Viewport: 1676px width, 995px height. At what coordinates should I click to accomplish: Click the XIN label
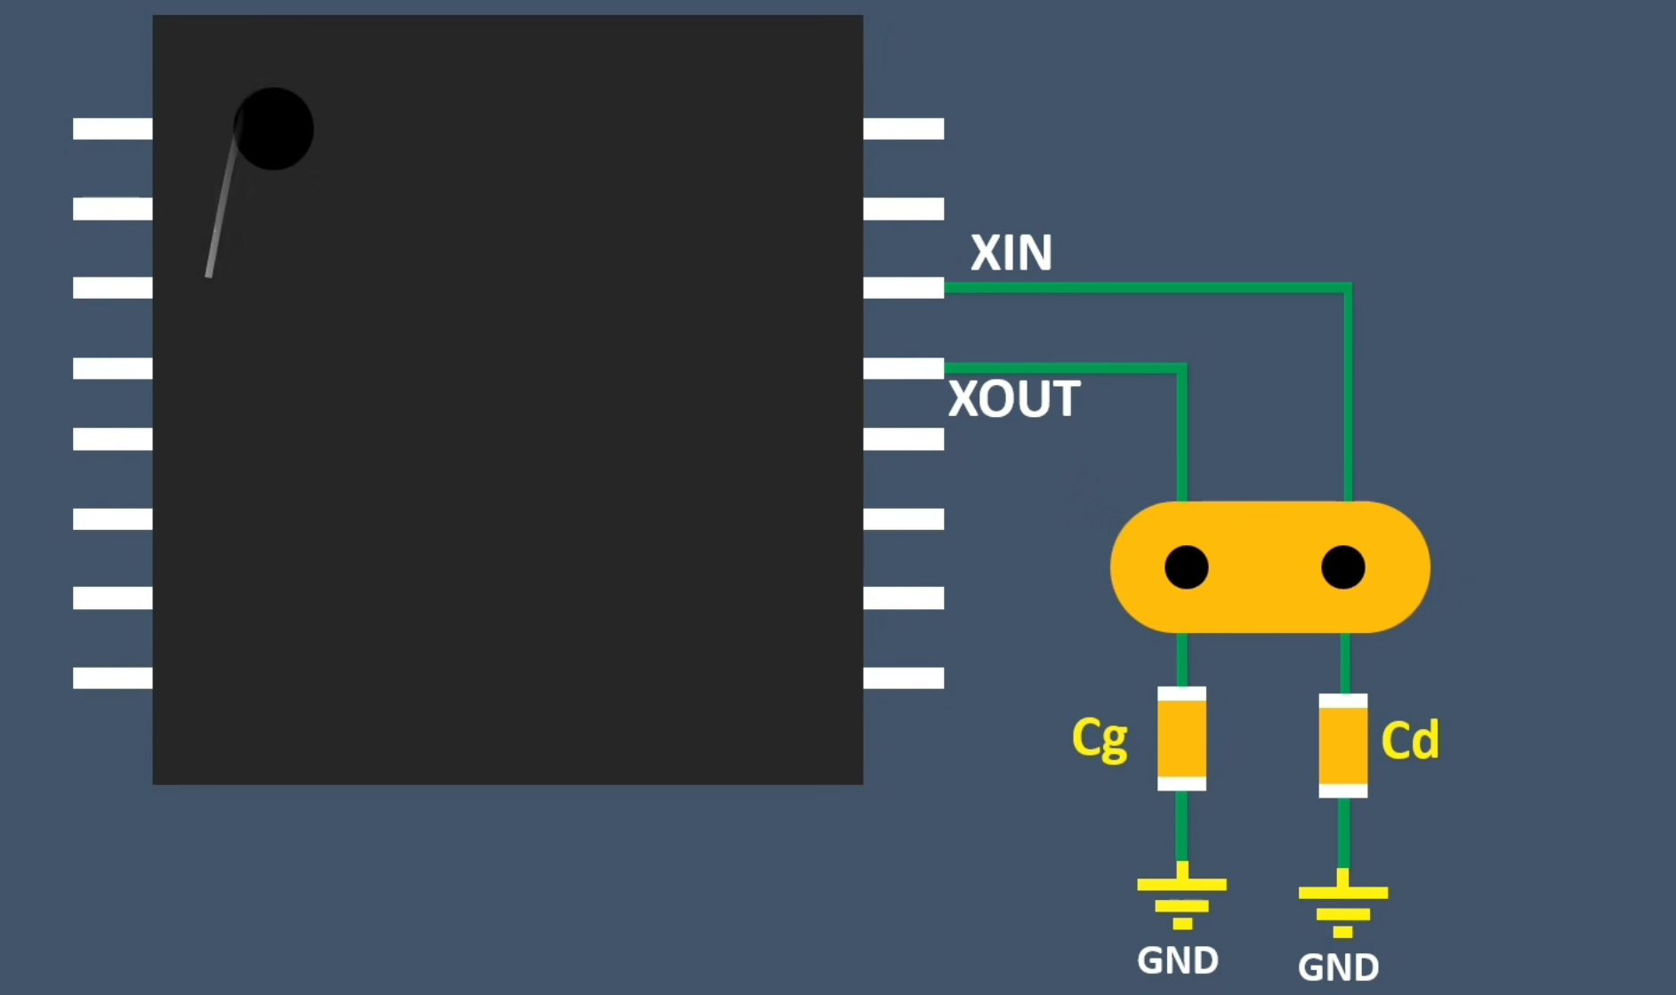coord(1011,253)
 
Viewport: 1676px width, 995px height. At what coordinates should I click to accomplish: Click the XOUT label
coord(1014,398)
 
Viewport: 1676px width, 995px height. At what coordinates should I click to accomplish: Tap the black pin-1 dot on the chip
coord(274,129)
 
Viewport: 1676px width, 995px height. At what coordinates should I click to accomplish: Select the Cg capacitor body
coord(1181,738)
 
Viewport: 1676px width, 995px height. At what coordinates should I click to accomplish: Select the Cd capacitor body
coord(1343,745)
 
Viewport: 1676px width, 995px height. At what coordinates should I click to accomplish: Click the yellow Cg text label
coord(1100,738)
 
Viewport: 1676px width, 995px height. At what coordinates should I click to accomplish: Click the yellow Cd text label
coord(1410,740)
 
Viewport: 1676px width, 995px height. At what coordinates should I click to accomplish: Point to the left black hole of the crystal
coord(1187,567)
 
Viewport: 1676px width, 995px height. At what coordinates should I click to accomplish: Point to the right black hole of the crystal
coord(1343,567)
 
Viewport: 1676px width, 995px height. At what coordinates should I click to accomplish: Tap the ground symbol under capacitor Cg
coord(1181,898)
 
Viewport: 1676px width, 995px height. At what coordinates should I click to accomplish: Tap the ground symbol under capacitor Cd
coord(1343,905)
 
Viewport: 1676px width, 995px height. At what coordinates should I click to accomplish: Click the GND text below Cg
coord(1178,960)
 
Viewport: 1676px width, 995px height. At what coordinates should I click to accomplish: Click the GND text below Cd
coord(1338,967)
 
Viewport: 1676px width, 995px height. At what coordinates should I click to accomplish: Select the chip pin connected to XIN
coord(903,287)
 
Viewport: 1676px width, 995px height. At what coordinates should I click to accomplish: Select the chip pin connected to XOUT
coord(903,367)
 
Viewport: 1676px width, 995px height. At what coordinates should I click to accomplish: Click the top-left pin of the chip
coord(113,129)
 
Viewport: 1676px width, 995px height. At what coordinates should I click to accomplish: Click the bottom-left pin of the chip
coord(113,678)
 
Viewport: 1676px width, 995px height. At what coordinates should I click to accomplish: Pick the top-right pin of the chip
coord(903,129)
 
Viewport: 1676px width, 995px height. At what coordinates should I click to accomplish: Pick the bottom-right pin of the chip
coord(903,678)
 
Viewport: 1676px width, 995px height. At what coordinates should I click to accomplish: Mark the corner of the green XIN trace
coord(1348,288)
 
